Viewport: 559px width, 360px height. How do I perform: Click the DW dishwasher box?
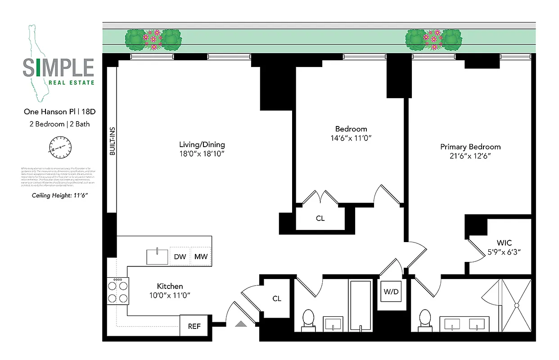click(x=180, y=256)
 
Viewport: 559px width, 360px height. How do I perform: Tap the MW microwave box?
click(x=201, y=256)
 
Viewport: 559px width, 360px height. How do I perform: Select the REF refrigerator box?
click(x=194, y=326)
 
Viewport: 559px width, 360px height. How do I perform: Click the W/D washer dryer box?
click(x=391, y=292)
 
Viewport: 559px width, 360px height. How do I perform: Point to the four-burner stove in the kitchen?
click(x=117, y=291)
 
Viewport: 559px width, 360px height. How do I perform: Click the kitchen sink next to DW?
click(x=157, y=256)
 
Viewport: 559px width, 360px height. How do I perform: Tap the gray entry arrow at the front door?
click(x=241, y=323)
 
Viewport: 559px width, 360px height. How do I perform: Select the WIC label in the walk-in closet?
click(x=504, y=243)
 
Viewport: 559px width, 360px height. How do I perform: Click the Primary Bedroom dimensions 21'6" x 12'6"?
click(x=470, y=156)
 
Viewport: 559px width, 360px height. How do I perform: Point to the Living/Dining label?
click(x=202, y=144)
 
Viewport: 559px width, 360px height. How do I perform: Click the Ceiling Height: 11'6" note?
click(x=59, y=196)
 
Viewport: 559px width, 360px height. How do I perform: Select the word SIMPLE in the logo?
click(x=59, y=68)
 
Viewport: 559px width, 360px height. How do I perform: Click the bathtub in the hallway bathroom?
click(x=361, y=306)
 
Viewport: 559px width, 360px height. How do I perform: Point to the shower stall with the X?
click(x=516, y=306)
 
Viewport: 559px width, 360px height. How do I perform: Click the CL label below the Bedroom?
click(x=320, y=219)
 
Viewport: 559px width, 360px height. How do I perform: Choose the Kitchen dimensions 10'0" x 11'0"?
click(x=170, y=296)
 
